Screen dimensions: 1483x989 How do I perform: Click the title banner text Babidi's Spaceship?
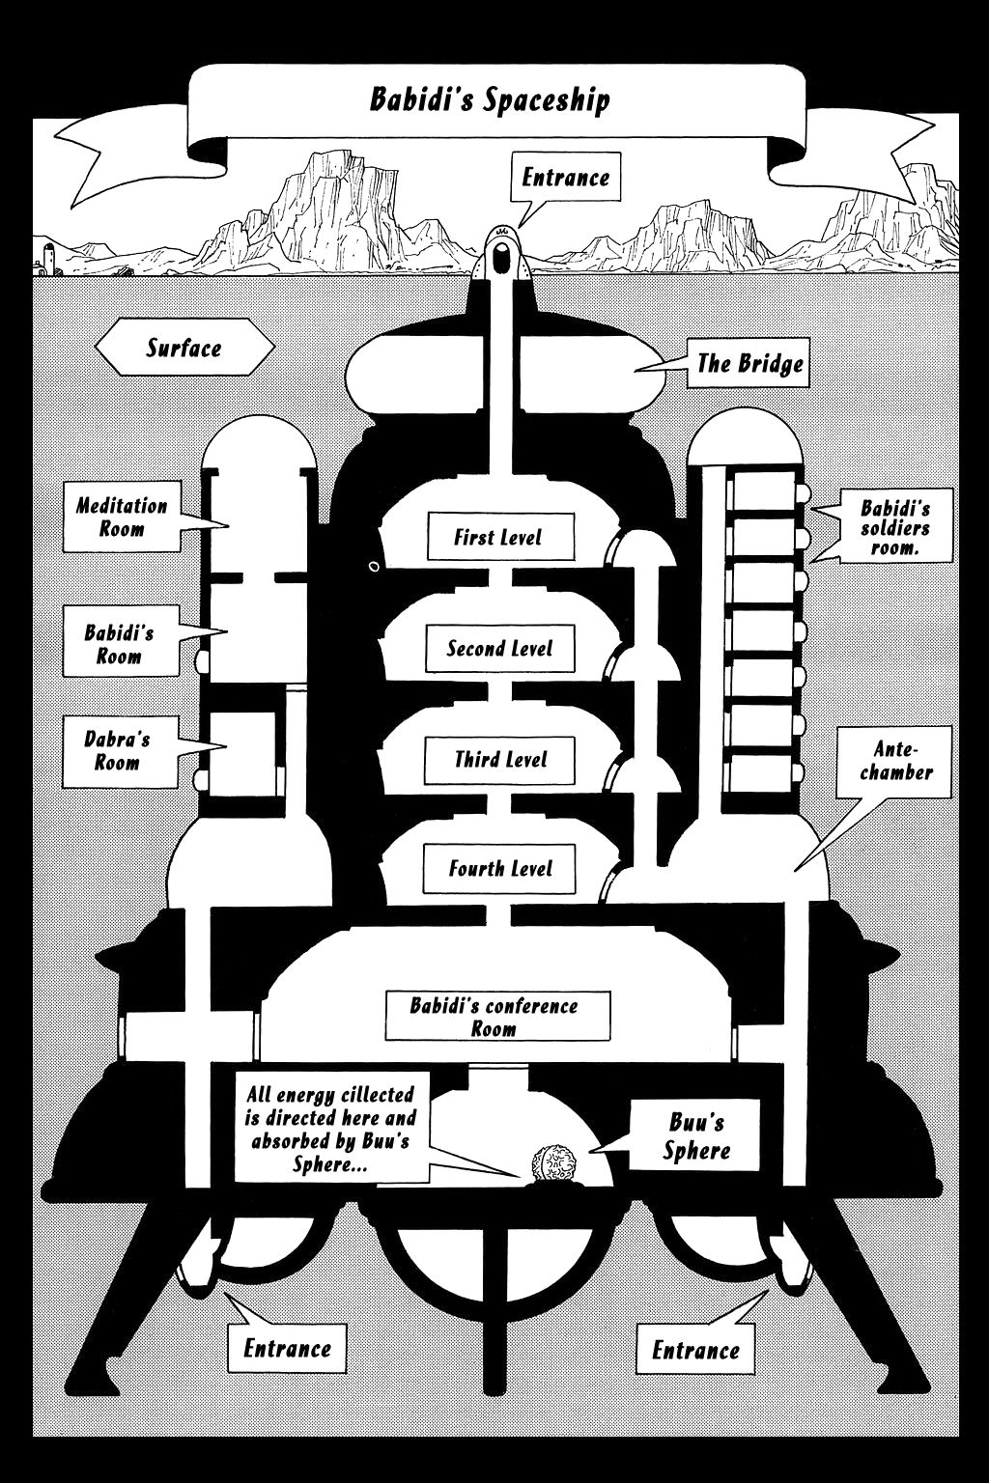pos(490,99)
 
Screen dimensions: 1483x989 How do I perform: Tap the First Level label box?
pos(499,537)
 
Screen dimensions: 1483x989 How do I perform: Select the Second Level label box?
pos(499,648)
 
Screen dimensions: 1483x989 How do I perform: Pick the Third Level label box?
pos(500,759)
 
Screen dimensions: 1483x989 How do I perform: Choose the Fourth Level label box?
pos(500,868)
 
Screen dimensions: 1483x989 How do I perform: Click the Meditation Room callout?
pos(123,517)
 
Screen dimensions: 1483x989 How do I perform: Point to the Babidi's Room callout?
pos(120,644)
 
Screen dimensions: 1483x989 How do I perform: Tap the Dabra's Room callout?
pos(118,750)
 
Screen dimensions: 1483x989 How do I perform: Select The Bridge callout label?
pos(749,363)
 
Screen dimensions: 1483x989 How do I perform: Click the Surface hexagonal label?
pos(184,348)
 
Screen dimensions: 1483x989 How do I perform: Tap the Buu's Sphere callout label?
pos(696,1136)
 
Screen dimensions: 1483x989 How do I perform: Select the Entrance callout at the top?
pos(565,178)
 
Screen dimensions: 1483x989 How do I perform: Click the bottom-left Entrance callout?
pos(287,1348)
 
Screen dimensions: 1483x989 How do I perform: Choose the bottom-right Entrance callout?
pos(694,1349)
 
